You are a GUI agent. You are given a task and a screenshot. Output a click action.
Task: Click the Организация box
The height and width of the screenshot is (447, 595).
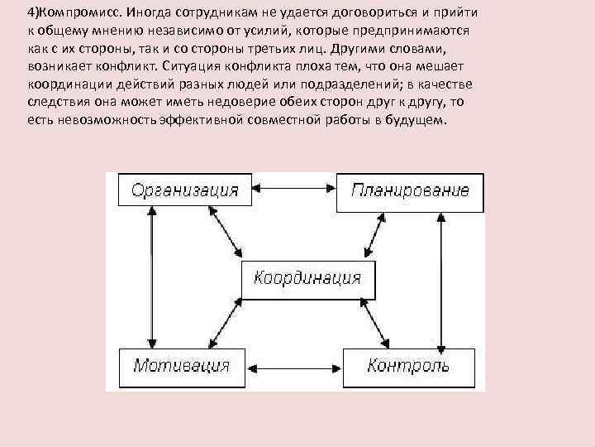[185, 191]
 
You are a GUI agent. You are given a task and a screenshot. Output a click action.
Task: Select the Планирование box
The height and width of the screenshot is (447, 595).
[409, 192]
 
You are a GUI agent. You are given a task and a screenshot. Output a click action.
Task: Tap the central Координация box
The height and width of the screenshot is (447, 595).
[307, 279]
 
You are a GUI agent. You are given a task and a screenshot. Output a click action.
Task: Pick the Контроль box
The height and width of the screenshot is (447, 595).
[408, 367]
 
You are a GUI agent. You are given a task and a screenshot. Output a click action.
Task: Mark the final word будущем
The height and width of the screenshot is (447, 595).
[417, 120]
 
